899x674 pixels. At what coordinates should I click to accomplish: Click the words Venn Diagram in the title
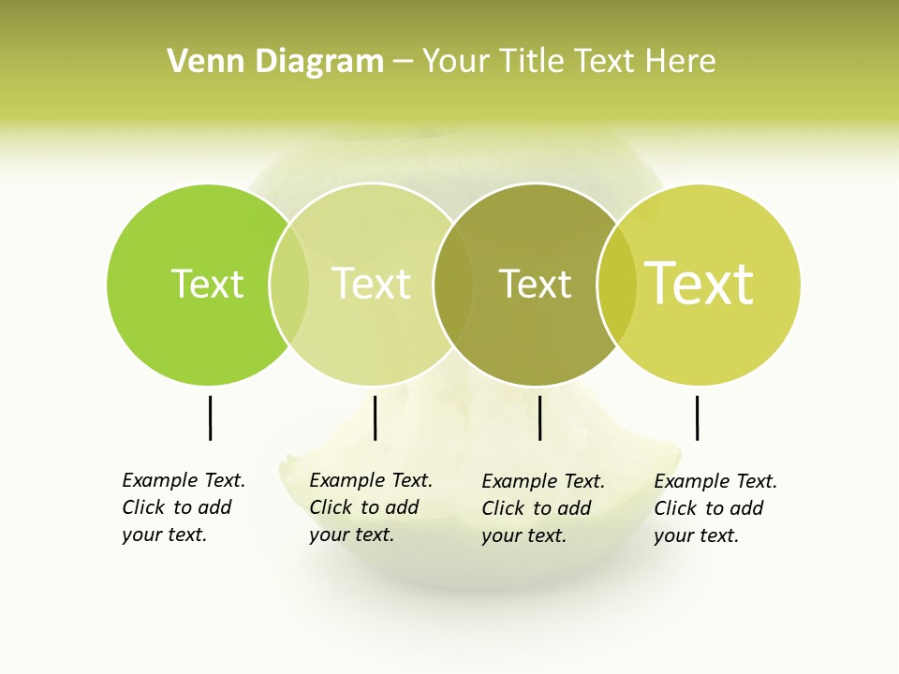coord(275,62)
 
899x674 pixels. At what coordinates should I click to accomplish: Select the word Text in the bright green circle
coord(207,284)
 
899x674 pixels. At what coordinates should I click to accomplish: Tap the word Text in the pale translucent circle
coord(372,284)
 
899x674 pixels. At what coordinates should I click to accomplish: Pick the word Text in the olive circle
coord(535,284)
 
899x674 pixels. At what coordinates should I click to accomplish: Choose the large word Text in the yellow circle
coord(700,284)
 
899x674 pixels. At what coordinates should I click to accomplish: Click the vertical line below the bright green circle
coord(211,418)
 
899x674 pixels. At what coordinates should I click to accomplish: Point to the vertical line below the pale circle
coord(375,418)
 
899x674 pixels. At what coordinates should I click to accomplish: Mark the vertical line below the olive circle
coord(540,418)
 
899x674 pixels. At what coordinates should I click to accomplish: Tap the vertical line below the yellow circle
coord(697,418)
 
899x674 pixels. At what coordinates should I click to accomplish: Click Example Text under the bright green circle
coord(184,480)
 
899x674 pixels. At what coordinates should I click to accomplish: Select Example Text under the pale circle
coord(371,480)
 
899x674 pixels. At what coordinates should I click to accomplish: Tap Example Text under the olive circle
coord(543,481)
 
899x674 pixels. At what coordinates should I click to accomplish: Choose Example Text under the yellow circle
coord(715,481)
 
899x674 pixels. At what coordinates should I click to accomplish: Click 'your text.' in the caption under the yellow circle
coord(697,535)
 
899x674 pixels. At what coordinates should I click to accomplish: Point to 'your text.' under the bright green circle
coord(165,535)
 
